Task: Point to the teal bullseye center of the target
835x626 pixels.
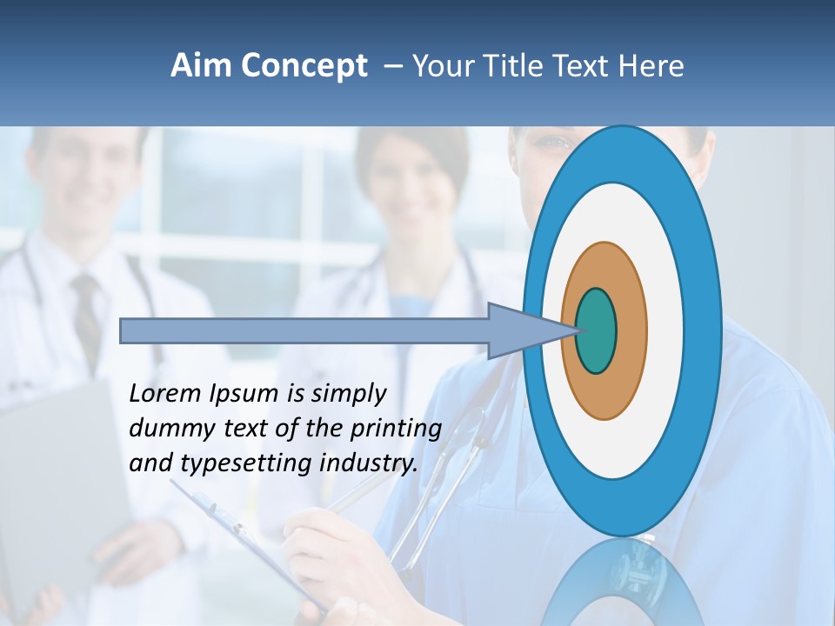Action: [596, 330]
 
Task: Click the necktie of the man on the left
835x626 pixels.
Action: [85, 313]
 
